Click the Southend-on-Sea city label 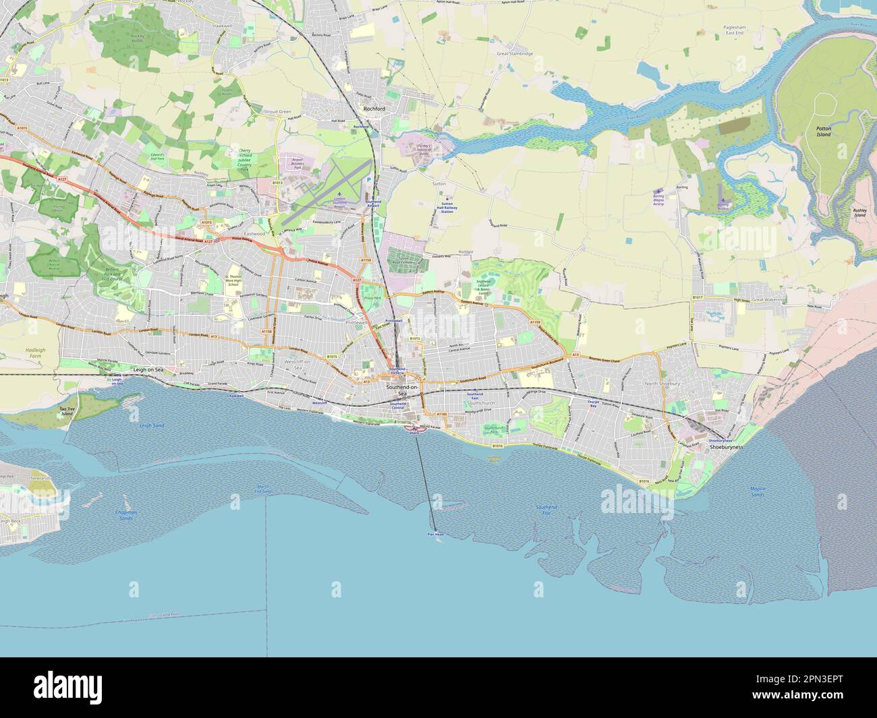coord(401,391)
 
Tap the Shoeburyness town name coord(725,447)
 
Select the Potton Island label coord(823,132)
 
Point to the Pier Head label coord(435,534)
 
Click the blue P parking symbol coord(368,180)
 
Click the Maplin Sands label coord(758,491)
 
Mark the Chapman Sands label coord(125,515)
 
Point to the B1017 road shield coord(697,297)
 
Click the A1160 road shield coord(441,414)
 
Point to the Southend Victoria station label coord(397,371)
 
